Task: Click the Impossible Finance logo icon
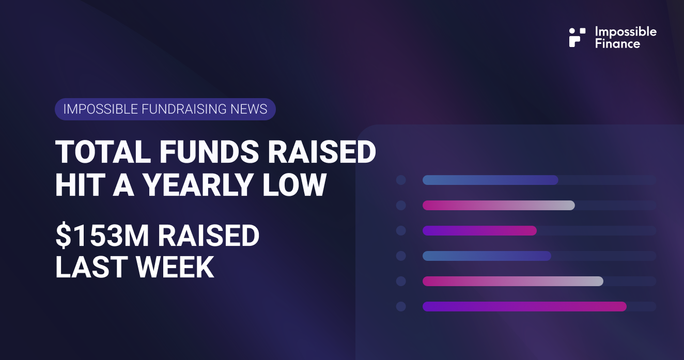click(577, 37)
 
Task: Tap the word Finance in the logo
click(617, 43)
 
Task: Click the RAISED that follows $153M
click(209, 236)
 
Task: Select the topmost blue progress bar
click(490, 180)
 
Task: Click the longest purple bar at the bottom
click(524, 306)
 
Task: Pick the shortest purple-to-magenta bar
click(479, 230)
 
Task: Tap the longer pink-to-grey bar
click(512, 281)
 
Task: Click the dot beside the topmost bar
click(400, 180)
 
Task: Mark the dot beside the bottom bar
click(400, 306)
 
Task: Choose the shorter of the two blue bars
click(487, 256)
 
